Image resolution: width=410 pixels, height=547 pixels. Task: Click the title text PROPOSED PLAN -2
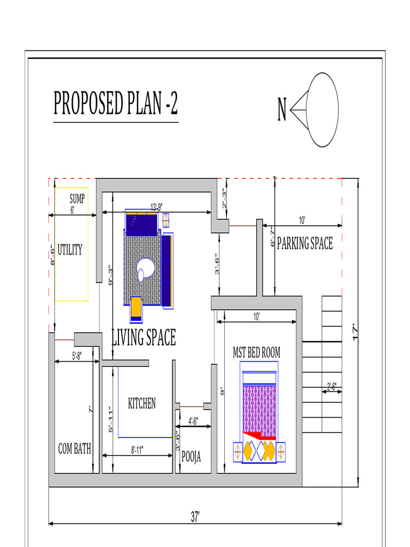click(x=115, y=104)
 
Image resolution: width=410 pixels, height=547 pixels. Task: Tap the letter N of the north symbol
click(x=282, y=111)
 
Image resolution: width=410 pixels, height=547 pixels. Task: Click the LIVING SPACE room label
click(x=143, y=338)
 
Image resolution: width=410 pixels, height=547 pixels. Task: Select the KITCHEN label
click(x=142, y=403)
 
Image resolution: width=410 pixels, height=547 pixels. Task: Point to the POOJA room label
click(x=191, y=457)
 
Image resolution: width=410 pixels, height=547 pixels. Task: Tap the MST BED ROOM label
click(x=256, y=353)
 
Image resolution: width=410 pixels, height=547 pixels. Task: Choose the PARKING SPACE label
click(x=304, y=244)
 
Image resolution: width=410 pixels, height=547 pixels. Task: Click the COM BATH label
click(x=74, y=449)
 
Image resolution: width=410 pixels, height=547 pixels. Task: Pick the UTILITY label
click(x=70, y=249)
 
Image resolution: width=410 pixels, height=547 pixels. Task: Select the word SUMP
click(x=77, y=199)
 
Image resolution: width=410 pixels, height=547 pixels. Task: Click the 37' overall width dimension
click(x=195, y=517)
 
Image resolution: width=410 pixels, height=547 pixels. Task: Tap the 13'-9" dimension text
click(x=156, y=207)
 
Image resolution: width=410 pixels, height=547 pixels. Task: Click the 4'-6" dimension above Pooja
click(x=193, y=421)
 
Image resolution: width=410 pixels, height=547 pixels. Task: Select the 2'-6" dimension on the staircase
click(x=332, y=386)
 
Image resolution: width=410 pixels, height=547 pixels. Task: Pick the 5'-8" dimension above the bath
click(x=77, y=356)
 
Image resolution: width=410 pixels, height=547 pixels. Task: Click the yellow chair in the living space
click(x=136, y=308)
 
